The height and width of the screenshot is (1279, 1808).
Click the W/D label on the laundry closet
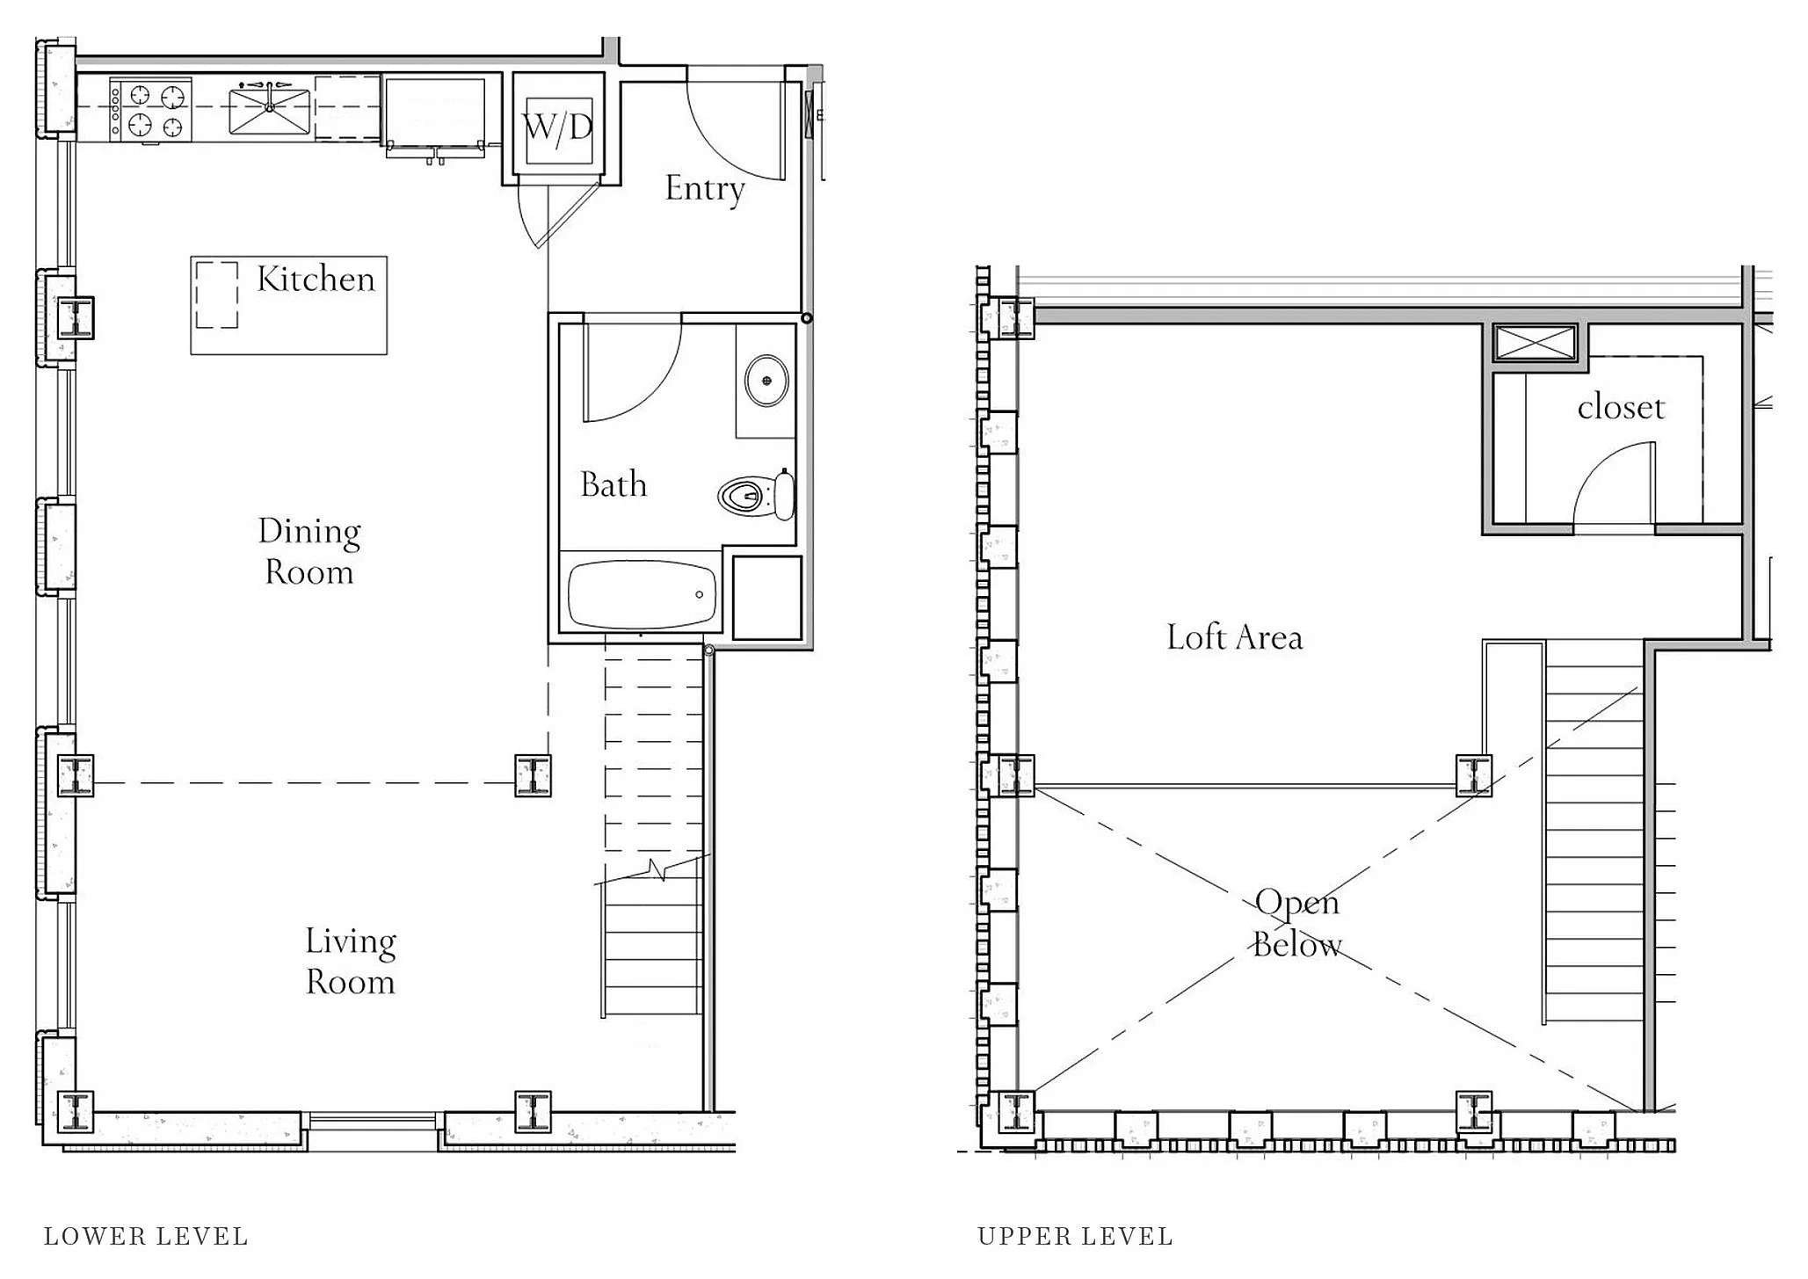click(558, 127)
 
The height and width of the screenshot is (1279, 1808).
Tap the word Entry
click(705, 188)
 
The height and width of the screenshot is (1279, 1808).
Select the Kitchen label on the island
click(316, 280)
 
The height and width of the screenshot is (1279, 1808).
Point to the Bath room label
click(614, 484)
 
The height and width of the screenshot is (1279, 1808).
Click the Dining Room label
click(309, 551)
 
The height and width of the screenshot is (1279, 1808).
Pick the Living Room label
click(351, 961)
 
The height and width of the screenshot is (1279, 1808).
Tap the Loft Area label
click(1235, 637)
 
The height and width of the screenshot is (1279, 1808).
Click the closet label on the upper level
click(1621, 408)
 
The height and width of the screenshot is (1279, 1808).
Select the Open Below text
click(1297, 923)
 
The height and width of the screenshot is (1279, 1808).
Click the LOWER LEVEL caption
click(146, 1237)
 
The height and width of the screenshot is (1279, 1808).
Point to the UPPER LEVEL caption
click(1075, 1237)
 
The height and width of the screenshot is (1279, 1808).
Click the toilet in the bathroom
click(756, 495)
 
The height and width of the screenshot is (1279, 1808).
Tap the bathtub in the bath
click(642, 594)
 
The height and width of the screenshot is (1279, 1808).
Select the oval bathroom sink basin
click(766, 381)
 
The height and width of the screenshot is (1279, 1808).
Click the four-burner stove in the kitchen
click(150, 109)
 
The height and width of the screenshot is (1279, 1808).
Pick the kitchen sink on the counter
click(270, 109)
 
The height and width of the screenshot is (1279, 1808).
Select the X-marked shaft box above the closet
click(1536, 343)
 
